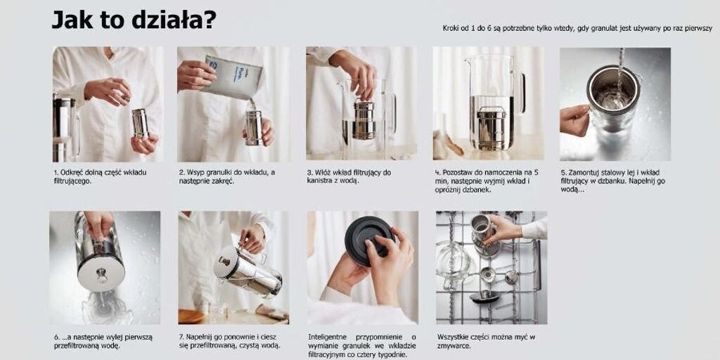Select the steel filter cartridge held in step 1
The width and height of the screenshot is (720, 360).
[x=141, y=123]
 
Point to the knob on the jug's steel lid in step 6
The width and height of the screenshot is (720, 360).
[x=102, y=275]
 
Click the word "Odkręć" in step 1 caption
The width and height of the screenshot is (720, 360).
[x=70, y=173]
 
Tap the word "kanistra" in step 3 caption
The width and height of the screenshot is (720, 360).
[x=320, y=181]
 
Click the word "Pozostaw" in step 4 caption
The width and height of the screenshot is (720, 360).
[x=457, y=173]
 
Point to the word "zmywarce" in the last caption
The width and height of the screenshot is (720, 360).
[x=454, y=346]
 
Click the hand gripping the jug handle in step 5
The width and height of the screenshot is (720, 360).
[x=574, y=120]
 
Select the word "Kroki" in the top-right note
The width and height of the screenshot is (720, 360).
[x=452, y=28]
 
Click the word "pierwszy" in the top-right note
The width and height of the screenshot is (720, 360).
[x=699, y=29]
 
